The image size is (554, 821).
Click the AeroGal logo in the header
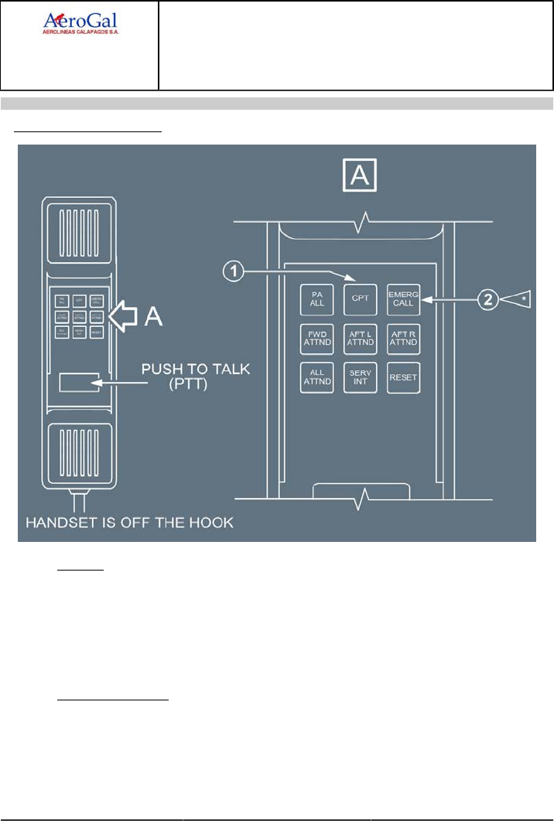point(80,23)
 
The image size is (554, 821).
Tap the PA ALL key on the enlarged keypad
point(316,298)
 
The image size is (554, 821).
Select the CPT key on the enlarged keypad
point(360,298)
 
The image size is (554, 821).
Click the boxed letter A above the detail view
point(360,177)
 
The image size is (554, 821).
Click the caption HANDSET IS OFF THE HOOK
point(129,523)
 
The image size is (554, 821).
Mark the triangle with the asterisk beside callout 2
point(519,298)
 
